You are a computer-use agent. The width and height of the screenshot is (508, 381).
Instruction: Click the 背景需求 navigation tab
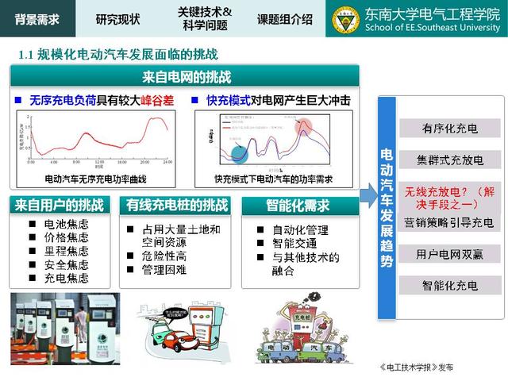point(37,18)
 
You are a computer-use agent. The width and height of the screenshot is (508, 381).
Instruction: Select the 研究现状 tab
point(117,18)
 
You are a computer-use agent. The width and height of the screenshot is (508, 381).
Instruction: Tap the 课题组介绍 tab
point(285,18)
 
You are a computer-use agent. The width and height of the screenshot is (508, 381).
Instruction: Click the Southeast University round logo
point(345,18)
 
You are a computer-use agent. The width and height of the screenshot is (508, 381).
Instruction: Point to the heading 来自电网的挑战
point(187,77)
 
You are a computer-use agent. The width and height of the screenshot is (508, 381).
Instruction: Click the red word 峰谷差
point(157,102)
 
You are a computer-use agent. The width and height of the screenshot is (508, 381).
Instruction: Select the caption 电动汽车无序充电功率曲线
point(96,179)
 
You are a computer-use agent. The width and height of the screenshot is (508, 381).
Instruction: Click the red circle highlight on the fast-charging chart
point(304,126)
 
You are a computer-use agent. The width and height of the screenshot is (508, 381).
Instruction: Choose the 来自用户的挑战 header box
point(59,205)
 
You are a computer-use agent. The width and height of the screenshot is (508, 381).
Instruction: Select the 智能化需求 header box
point(297,205)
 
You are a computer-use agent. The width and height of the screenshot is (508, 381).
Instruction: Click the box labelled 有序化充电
point(450,129)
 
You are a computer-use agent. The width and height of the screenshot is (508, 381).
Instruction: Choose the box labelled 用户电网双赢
point(450,254)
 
